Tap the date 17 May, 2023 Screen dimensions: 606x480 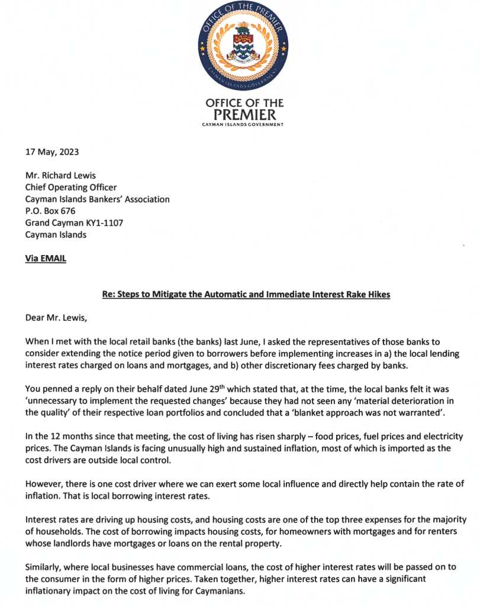(51, 152)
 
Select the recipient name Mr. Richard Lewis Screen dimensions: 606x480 (60, 176)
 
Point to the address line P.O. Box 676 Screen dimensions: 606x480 (50, 211)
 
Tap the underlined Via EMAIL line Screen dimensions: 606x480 (46, 259)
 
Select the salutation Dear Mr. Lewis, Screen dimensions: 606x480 (56, 318)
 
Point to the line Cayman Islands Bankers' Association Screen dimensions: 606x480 (97, 199)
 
